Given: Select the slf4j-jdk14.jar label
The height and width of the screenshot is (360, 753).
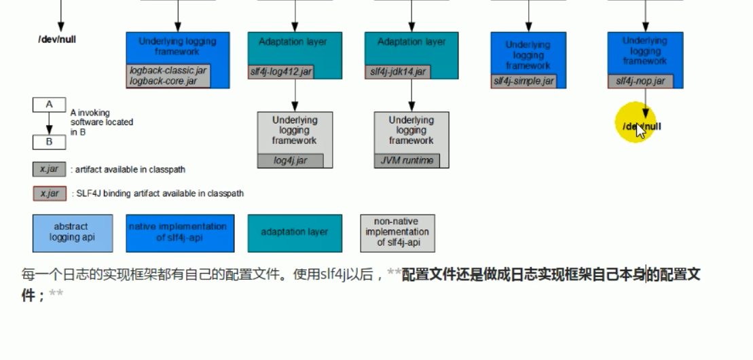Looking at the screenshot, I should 398,71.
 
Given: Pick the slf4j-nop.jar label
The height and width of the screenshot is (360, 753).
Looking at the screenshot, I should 640,82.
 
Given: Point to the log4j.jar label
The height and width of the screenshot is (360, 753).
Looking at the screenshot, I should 291,161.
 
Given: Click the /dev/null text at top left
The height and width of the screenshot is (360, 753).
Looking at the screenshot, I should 57,39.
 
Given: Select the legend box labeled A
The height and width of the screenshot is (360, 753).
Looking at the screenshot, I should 49,105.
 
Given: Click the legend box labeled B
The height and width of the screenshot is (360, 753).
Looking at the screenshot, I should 49,142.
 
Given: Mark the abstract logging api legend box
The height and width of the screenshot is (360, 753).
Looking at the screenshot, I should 73,233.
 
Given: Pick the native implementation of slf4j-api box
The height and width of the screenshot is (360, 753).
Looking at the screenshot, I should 180,233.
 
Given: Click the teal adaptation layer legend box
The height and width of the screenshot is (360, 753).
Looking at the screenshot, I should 294,233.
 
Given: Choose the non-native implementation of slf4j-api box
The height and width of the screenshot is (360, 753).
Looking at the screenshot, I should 397,233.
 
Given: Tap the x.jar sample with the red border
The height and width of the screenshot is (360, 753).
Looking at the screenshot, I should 50,194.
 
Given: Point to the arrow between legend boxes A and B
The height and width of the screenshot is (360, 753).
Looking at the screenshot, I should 49,124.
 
